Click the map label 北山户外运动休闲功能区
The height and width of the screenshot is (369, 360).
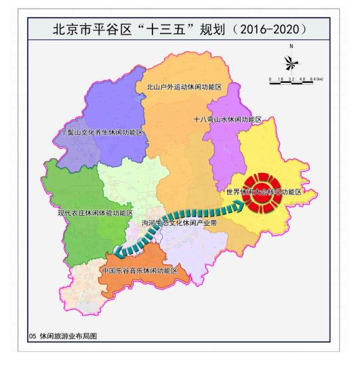pyautogui.click(x=184, y=88)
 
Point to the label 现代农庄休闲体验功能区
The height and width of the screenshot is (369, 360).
pyautogui.click(x=94, y=213)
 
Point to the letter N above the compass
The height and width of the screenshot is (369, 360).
pyautogui.click(x=292, y=46)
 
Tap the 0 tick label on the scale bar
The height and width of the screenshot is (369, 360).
pyautogui.click(x=270, y=79)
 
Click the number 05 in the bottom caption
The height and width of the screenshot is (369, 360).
pyautogui.click(x=32, y=355)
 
